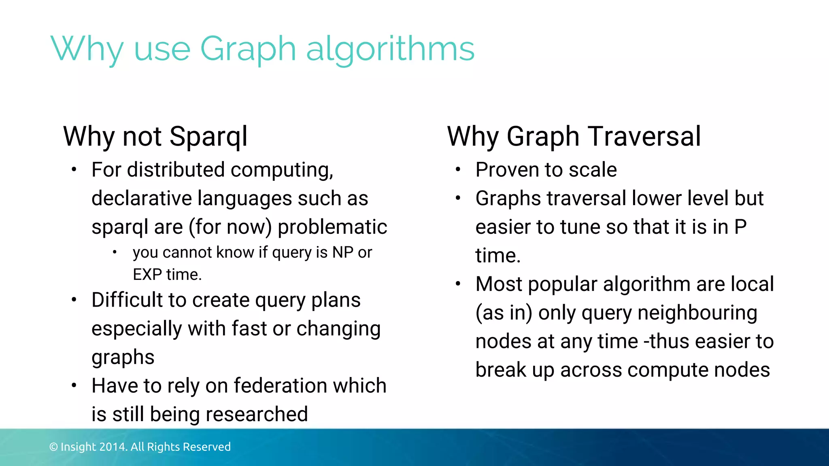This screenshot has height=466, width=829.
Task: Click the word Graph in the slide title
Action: (x=248, y=49)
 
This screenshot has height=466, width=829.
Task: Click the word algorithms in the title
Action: (x=390, y=49)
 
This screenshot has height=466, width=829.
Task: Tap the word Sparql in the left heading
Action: (x=208, y=137)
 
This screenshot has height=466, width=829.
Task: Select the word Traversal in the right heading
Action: (x=644, y=136)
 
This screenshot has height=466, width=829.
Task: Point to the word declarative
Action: (x=141, y=199)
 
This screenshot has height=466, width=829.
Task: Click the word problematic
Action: (x=332, y=227)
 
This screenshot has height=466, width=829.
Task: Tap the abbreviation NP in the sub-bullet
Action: (x=343, y=252)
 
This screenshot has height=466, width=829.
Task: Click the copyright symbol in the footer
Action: (x=53, y=447)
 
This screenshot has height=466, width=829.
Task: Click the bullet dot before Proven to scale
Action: (x=458, y=169)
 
